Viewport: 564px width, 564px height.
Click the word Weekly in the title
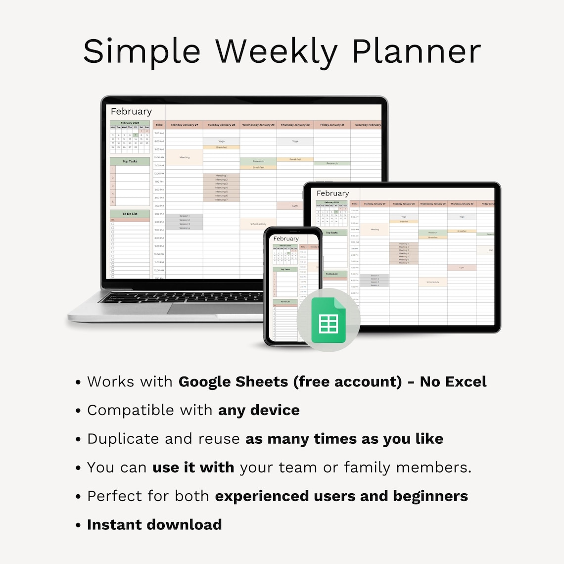click(277, 51)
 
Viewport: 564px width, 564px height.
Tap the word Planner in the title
click(416, 51)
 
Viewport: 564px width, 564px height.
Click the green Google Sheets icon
click(328, 320)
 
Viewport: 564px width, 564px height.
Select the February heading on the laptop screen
click(131, 112)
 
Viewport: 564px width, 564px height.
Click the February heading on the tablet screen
click(332, 193)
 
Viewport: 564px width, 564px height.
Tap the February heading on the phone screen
click(286, 238)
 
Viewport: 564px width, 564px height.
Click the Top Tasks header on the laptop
click(130, 161)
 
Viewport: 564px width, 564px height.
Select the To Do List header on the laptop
click(130, 214)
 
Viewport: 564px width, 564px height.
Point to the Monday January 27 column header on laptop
click(184, 125)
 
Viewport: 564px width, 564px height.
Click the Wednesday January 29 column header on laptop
click(258, 125)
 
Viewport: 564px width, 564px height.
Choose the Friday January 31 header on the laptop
click(332, 125)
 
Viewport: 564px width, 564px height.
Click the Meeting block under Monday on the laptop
click(185, 157)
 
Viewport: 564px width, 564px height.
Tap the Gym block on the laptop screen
click(295, 206)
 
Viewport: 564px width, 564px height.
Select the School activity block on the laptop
click(258, 224)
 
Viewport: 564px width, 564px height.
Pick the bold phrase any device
click(259, 410)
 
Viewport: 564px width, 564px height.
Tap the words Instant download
click(154, 524)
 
